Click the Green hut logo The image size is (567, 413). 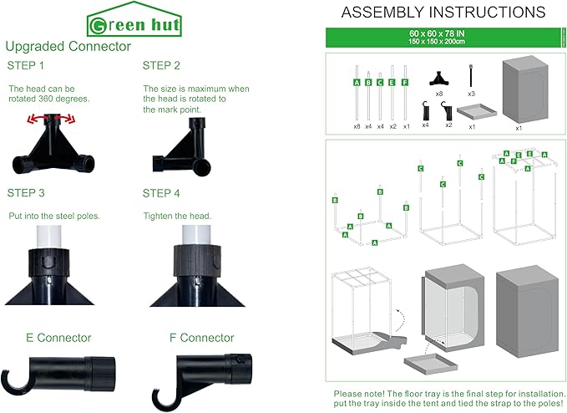click(134, 19)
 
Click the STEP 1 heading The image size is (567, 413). click(25, 65)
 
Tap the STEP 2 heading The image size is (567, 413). click(161, 65)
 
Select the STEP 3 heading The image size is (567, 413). click(26, 193)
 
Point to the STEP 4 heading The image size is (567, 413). click(161, 193)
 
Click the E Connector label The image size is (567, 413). click(58, 338)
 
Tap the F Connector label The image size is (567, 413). click(202, 338)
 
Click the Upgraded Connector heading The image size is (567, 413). click(68, 46)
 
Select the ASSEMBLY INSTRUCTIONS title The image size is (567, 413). click(443, 13)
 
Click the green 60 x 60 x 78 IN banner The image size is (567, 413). click(443, 38)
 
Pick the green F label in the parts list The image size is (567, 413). click(405, 83)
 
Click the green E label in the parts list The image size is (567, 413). click(392, 83)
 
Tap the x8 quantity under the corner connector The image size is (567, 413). click(439, 94)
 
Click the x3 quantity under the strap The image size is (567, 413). click(471, 94)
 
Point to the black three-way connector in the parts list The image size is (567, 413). click(439, 79)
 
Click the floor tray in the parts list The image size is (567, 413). click(477, 111)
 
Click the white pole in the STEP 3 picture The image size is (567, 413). click(48, 237)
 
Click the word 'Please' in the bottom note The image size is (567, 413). click(347, 394)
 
